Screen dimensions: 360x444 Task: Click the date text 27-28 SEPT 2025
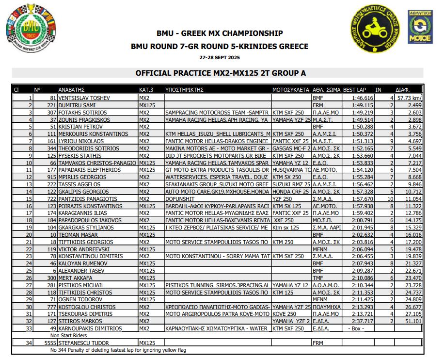click(220, 57)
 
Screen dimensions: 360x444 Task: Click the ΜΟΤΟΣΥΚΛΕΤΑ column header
click(290, 90)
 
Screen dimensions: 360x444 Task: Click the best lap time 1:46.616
click(363, 98)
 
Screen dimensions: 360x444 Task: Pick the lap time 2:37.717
click(363, 321)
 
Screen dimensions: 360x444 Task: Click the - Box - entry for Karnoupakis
click(357, 328)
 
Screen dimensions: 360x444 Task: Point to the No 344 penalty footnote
click(118, 350)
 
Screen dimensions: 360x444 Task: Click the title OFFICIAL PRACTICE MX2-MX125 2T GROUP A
click(220, 73)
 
